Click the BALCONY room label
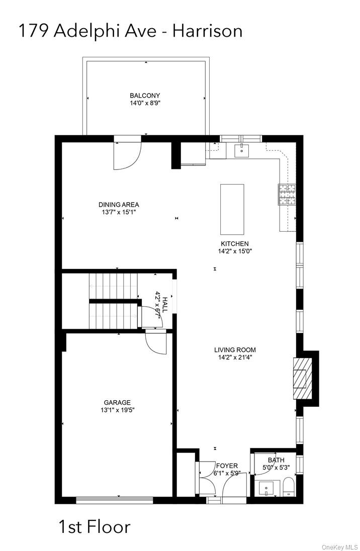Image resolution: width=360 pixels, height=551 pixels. [x=145, y=96]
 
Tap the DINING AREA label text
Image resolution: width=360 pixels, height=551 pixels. [x=119, y=205]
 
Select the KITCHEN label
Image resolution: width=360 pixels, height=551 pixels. [x=233, y=244]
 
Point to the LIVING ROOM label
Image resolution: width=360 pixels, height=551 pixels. [x=235, y=350]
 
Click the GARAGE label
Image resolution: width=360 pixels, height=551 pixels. [x=117, y=402]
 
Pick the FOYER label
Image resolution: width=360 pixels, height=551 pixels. [x=227, y=466]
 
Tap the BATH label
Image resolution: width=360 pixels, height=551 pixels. [x=276, y=460]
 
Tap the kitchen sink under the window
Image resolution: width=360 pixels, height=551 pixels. [x=242, y=149]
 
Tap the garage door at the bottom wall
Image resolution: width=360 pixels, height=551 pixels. [x=114, y=499]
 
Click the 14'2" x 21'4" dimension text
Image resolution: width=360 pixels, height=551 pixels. [x=235, y=357]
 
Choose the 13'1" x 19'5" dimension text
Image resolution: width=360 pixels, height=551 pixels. [x=117, y=410]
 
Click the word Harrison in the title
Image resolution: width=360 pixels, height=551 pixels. [x=207, y=31]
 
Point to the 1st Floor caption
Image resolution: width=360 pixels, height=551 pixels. [x=95, y=527]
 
